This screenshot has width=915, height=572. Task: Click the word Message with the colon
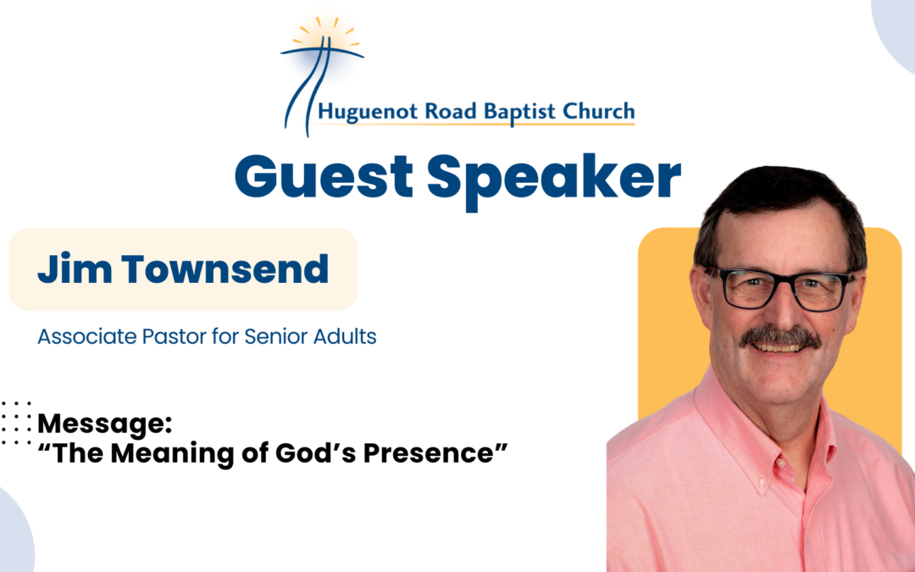[x=102, y=423]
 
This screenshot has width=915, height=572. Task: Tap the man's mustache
[x=779, y=336]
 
